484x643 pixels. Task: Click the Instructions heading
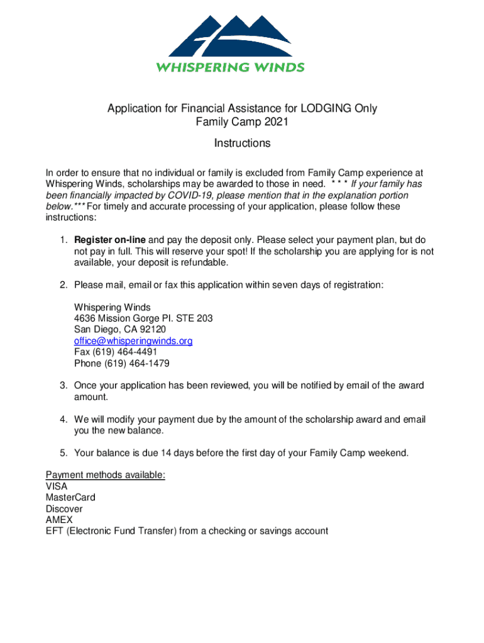click(242, 143)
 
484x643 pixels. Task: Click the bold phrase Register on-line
click(110, 240)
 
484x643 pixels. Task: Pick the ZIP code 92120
click(154, 330)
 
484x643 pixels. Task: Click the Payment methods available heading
click(106, 475)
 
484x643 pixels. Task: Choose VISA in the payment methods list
click(57, 486)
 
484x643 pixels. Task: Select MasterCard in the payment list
click(70, 497)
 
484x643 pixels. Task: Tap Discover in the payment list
click(64, 509)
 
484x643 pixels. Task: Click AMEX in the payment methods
click(59, 520)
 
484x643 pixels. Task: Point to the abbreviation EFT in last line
click(55, 531)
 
